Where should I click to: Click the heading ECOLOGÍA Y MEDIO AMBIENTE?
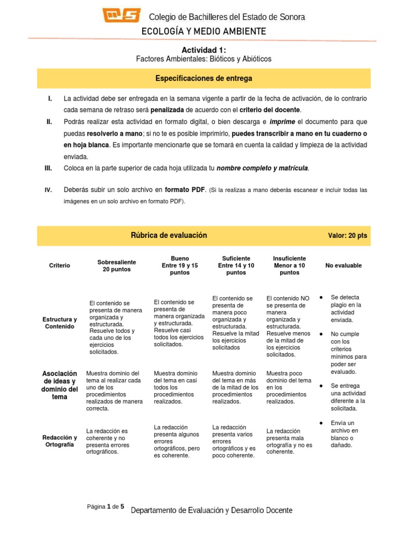204,32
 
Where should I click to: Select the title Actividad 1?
204,50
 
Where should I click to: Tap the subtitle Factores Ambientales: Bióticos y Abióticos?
204,59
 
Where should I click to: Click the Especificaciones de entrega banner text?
204,79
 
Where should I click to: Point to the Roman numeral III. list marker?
49,168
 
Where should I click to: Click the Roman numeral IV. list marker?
49,190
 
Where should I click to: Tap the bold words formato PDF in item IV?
185,190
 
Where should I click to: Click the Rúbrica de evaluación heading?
169,235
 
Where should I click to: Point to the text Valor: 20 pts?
347,236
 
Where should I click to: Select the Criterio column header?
59,265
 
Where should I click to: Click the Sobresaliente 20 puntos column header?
115,265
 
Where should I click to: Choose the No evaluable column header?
343,265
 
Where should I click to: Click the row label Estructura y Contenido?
59,323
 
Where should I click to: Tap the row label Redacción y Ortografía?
59,441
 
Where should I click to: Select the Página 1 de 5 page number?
106,506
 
